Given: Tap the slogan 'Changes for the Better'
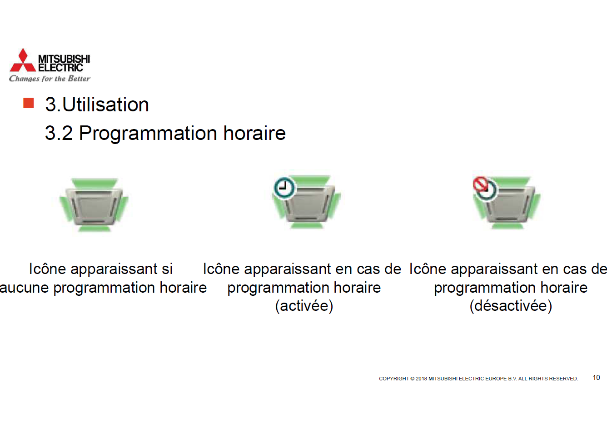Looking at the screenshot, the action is [50, 79].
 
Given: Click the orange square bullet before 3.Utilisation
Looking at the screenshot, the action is [29, 103].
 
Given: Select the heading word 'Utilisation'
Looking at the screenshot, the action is [105, 105].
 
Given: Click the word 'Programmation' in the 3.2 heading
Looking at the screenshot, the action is [148, 134].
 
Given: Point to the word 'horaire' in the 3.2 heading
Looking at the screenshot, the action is [254, 133].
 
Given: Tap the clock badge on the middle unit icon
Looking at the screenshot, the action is [284, 187].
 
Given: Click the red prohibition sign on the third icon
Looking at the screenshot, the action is [480, 185].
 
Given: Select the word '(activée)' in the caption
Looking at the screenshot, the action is [304, 306].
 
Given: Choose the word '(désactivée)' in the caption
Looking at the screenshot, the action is [511, 306].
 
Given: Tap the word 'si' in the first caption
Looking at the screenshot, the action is [167, 269].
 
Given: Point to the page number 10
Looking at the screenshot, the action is [596, 378].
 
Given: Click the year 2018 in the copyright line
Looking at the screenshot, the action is [421, 379].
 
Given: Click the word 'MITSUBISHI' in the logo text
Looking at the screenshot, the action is [64, 59].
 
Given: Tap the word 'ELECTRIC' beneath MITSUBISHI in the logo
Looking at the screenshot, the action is [60, 68].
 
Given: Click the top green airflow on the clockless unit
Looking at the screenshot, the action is [95, 184].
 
